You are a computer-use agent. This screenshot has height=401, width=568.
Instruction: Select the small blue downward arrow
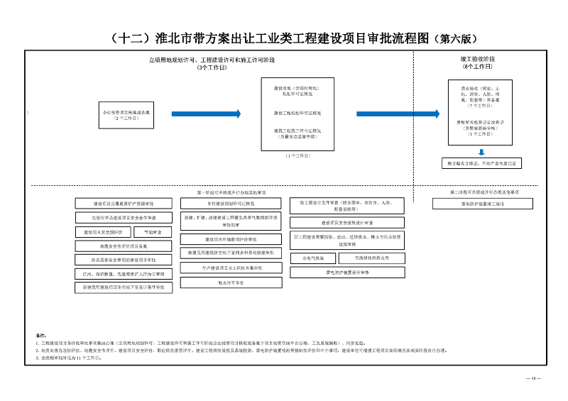click(481, 152)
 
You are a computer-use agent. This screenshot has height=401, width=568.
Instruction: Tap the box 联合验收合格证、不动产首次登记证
click(481, 164)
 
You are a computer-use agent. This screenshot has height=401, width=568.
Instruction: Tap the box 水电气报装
click(312, 258)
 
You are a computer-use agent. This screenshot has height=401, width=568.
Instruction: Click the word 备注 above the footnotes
click(40, 334)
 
